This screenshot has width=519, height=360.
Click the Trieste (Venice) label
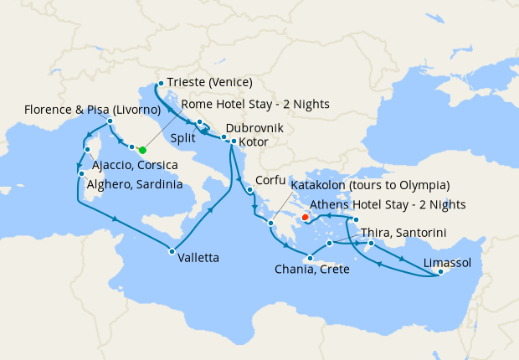pyautogui.click(x=209, y=83)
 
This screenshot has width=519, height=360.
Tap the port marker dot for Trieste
pyautogui.click(x=160, y=83)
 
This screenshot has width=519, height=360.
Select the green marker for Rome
pyautogui.click(x=142, y=150)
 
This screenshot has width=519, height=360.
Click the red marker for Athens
pyautogui.click(x=305, y=218)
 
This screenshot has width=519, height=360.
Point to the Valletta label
pyautogui.click(x=198, y=259)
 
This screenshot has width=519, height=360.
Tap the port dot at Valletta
pyautogui.click(x=171, y=251)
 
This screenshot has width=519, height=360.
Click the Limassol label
pyautogui.click(x=447, y=263)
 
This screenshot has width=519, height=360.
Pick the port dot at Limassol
pyautogui.click(x=440, y=272)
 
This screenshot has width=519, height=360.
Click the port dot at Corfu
pyautogui.click(x=250, y=190)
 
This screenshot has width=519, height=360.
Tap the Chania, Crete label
pyautogui.click(x=311, y=270)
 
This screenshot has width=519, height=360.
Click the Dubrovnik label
pyautogui.click(x=254, y=129)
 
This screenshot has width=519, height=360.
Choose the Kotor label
pyautogui.click(x=253, y=142)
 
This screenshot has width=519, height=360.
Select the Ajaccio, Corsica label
pyautogui.click(x=136, y=164)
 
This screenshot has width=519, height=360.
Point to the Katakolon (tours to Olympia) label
pyautogui.click(x=370, y=185)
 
